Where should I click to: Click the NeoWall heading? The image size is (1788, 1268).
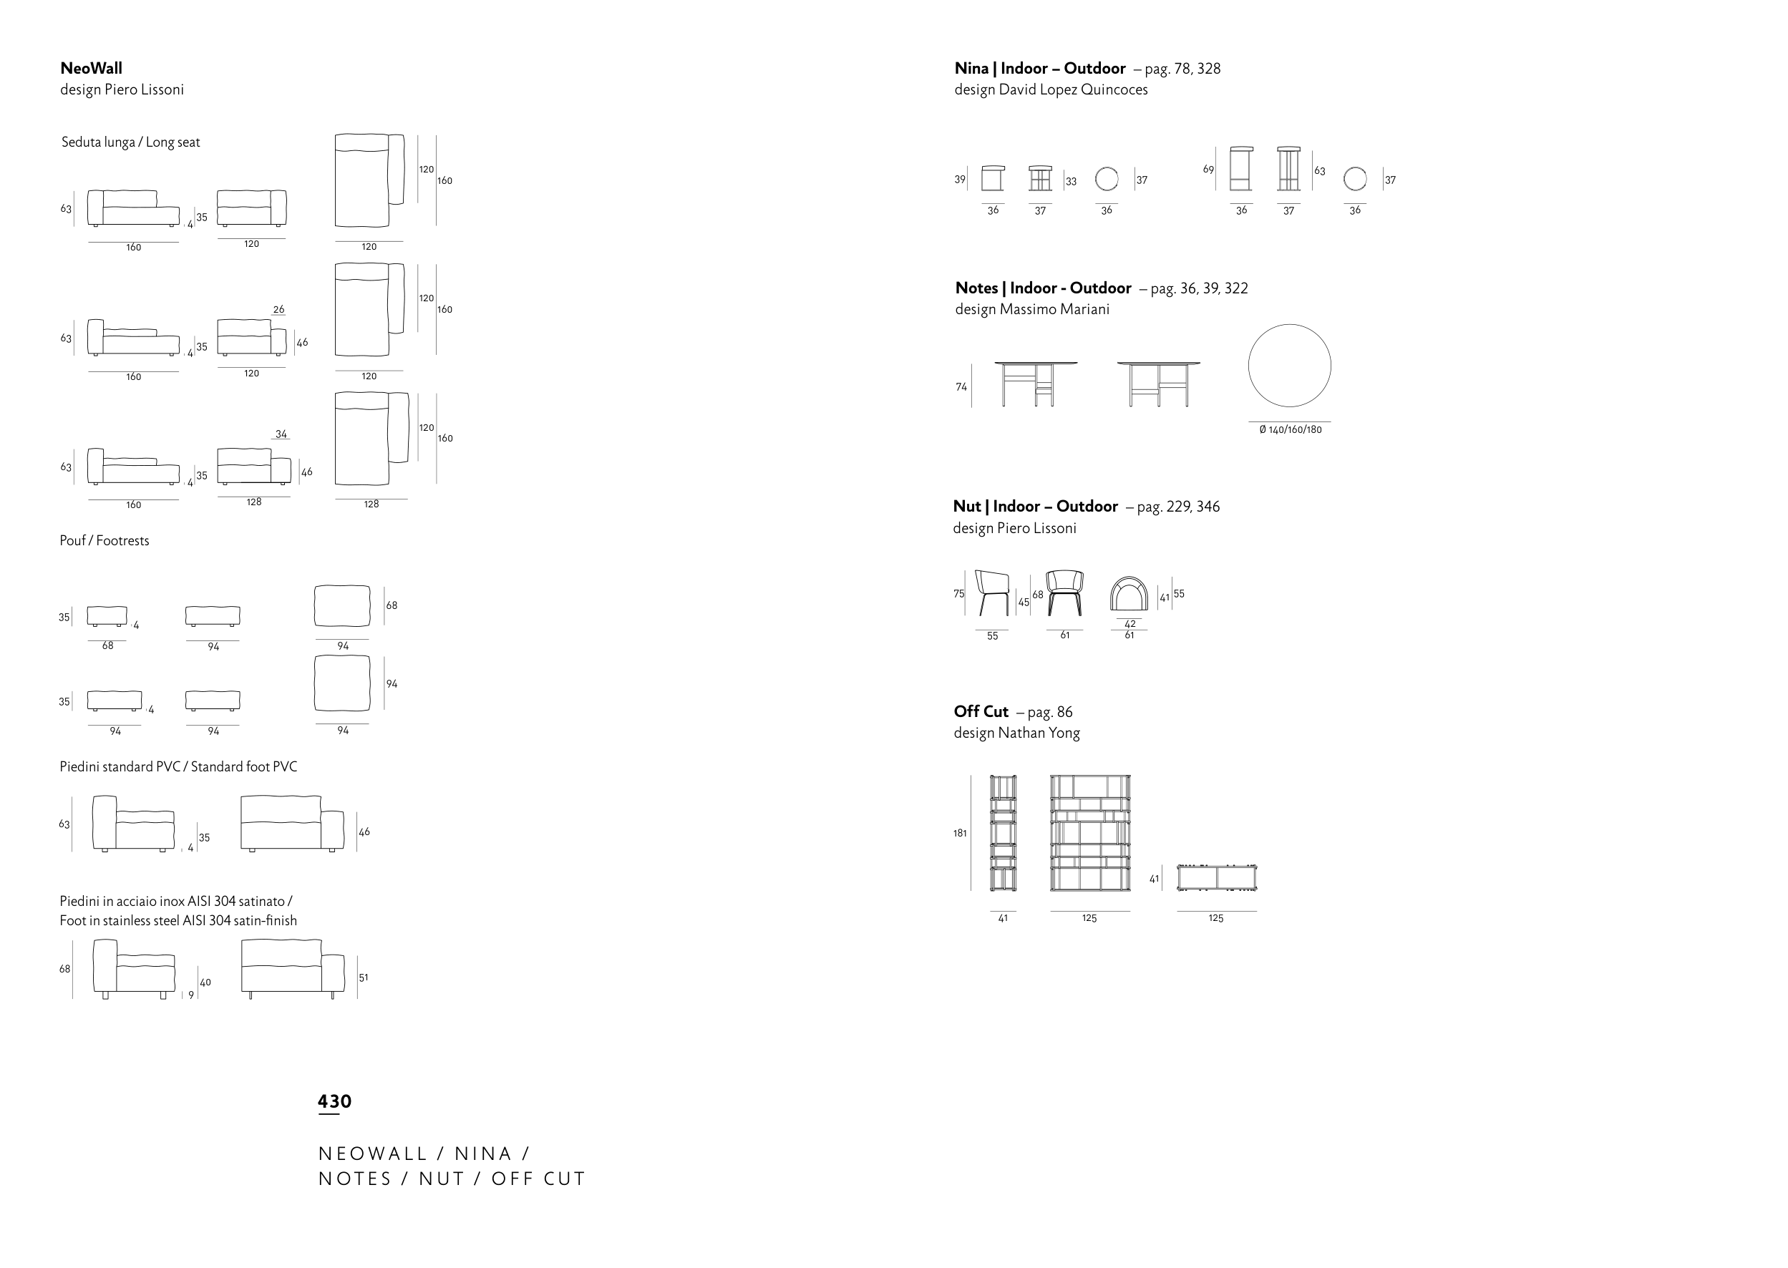92,69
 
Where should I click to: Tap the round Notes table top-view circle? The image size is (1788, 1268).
1289,366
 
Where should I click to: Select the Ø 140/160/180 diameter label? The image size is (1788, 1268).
1290,429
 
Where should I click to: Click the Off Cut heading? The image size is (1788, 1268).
981,711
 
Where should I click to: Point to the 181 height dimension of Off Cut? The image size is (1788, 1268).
960,833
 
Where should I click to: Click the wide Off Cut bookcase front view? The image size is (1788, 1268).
1090,832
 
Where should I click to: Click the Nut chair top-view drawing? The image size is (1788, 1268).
1129,594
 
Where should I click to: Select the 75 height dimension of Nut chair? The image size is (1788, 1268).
959,593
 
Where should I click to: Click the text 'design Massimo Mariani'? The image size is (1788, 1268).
1031,309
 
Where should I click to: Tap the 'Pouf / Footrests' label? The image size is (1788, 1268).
104,540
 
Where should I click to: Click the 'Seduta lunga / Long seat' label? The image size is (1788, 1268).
130,142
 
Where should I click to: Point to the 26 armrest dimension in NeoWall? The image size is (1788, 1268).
278,309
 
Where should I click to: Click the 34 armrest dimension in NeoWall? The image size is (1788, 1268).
281,434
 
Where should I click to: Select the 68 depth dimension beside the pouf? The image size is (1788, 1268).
392,605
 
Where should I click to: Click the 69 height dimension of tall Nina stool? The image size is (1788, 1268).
1208,170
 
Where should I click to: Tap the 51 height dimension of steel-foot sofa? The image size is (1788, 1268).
363,977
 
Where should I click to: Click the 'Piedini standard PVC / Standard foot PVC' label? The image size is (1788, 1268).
178,766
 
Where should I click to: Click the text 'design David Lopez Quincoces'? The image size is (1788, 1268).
1051,89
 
